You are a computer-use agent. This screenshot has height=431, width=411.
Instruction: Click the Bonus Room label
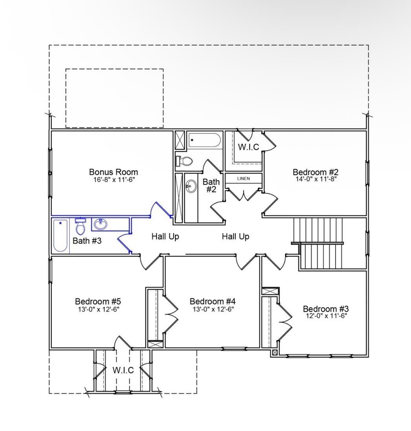tap(113, 172)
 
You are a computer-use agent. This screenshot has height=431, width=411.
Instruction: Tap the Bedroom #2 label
tap(316, 172)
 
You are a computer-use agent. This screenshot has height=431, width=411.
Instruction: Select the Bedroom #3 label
tap(325, 309)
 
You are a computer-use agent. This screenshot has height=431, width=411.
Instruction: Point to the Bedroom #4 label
tap(213, 301)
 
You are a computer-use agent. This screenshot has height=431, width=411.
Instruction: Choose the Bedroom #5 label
tap(98, 301)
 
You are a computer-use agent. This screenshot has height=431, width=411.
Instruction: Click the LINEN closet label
tap(243, 179)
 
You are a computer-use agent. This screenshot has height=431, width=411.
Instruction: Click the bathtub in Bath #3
tap(61, 235)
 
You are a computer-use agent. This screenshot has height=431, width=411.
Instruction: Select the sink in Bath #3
tap(100, 225)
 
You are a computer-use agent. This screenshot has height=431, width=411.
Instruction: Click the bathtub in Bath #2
tap(204, 140)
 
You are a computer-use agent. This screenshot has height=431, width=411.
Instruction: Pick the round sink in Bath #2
tap(191, 186)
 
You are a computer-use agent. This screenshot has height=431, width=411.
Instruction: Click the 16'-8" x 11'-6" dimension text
tap(113, 179)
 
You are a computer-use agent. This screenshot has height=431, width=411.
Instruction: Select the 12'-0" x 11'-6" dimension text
tap(326, 315)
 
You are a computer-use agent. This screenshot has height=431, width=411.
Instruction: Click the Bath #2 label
tap(211, 185)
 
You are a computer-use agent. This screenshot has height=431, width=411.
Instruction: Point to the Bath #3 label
tap(87, 241)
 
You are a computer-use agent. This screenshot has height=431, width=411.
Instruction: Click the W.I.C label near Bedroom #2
tap(248, 147)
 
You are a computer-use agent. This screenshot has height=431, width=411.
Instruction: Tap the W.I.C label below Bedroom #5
tap(123, 370)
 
